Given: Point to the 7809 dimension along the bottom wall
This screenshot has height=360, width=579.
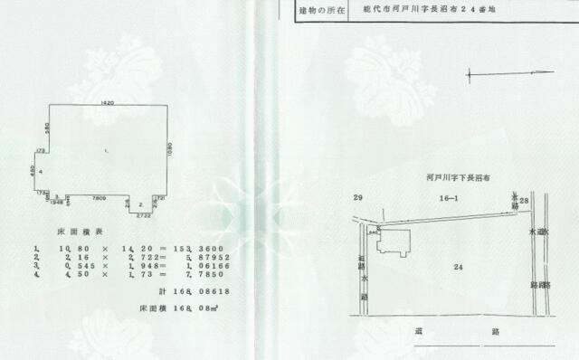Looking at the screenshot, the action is point(100,196).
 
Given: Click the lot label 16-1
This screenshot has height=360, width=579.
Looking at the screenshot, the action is point(449,195).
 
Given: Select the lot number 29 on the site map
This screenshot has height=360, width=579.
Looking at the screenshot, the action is point(358,196).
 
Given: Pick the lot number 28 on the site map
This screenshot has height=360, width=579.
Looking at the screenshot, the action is point(524,200).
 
